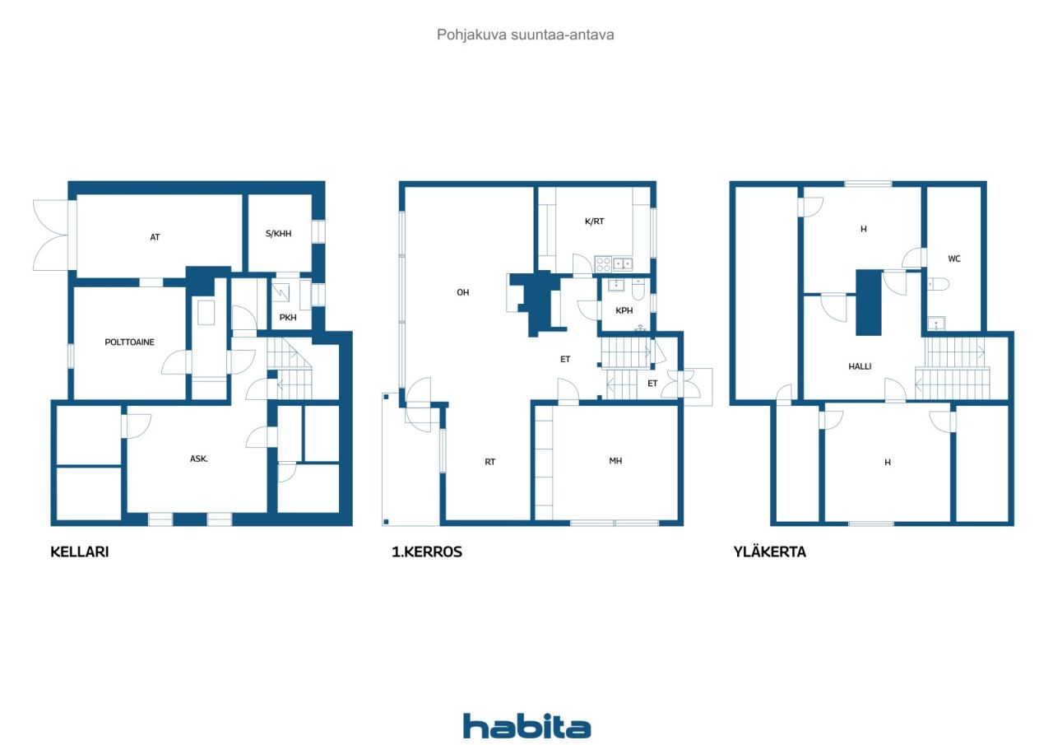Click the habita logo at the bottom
[x=526, y=726]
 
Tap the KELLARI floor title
[x=80, y=552]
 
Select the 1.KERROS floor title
[x=427, y=552]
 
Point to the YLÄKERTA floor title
[x=769, y=552]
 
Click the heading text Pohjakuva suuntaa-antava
[x=526, y=35]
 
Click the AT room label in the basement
[x=155, y=237]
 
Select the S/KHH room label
[x=279, y=234]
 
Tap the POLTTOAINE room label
[x=129, y=342]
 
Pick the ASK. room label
[x=199, y=459]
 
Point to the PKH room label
[x=288, y=317]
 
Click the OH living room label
[x=463, y=292]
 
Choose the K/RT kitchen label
[x=594, y=221]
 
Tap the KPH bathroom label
[x=624, y=311]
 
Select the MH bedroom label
[x=615, y=461]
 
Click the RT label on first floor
[x=489, y=462]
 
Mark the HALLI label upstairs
[x=860, y=366]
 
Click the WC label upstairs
[x=954, y=258]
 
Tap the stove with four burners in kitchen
[x=603, y=264]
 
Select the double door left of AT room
[x=51, y=235]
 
